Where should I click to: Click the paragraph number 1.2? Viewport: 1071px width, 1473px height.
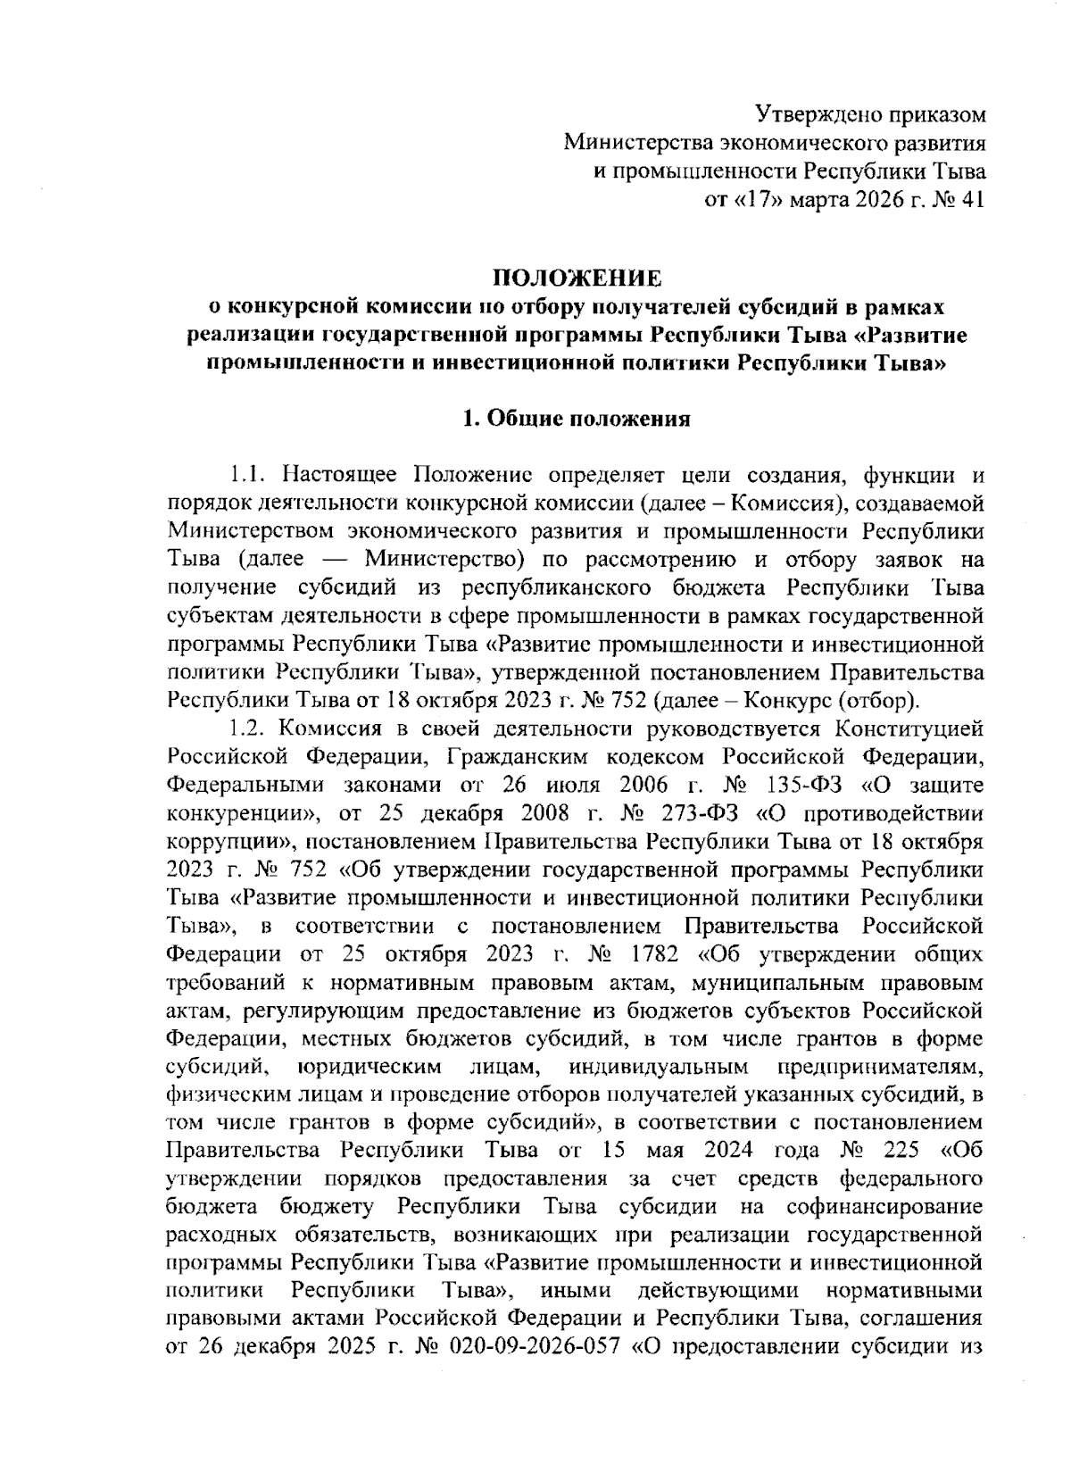pyautogui.click(x=245, y=730)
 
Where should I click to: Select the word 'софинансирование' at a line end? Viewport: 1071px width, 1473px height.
pyautogui.click(x=884, y=1205)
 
